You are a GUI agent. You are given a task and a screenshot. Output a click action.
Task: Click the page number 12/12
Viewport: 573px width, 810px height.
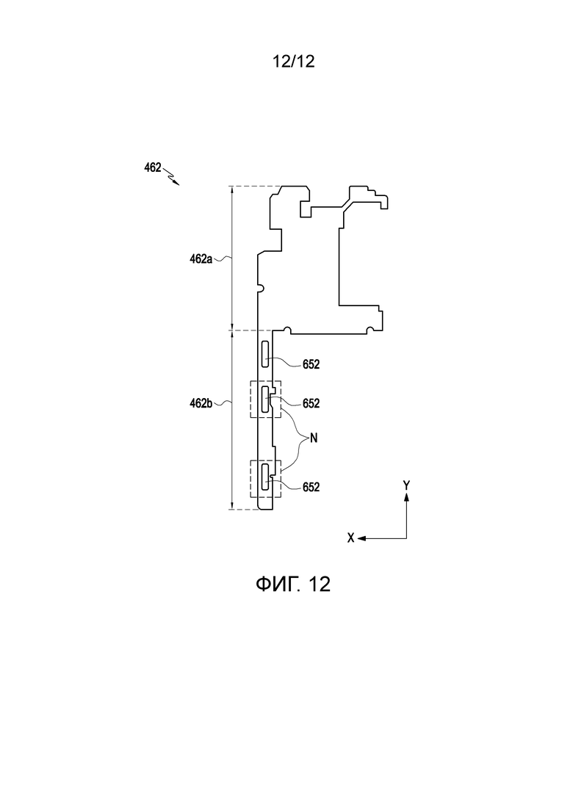293,62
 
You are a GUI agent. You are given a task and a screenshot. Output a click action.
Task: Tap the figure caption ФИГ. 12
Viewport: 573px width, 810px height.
293,585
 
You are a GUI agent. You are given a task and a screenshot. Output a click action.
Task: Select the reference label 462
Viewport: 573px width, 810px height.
152,168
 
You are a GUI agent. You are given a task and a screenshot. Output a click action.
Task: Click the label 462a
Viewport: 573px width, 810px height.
201,259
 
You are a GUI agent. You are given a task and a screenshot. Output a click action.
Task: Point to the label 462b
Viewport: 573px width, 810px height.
201,403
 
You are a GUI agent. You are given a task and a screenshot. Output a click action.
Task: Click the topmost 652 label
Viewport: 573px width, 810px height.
311,365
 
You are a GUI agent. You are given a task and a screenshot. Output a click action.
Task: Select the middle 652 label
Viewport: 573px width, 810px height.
311,404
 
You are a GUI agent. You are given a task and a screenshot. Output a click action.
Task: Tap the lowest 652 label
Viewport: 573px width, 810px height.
311,487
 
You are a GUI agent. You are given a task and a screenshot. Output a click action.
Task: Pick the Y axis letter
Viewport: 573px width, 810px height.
407,485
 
